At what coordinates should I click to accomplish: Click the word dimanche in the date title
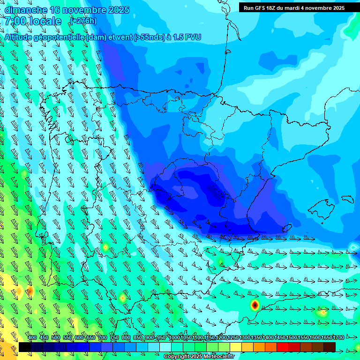pyautogui.click(x=26, y=10)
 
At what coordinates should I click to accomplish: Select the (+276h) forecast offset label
pyautogui.click(x=83, y=21)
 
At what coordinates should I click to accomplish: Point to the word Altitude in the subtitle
pyautogui.click(x=21, y=37)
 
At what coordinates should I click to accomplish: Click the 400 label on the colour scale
pyautogui.click(x=32, y=337)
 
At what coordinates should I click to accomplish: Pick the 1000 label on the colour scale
pyautogui.click(x=174, y=337)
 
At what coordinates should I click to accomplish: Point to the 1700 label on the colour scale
pyautogui.click(x=338, y=337)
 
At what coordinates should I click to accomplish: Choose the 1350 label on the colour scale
pyautogui.click(x=256, y=337)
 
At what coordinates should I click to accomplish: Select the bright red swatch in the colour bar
pyautogui.click(x=283, y=347)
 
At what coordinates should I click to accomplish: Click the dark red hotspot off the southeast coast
pyautogui.click(x=255, y=305)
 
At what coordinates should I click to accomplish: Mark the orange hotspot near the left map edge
pyautogui.click(x=30, y=292)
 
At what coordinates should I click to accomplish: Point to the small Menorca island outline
pyautogui.click(x=347, y=199)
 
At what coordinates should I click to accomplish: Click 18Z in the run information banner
pyautogui.click(x=277, y=8)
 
